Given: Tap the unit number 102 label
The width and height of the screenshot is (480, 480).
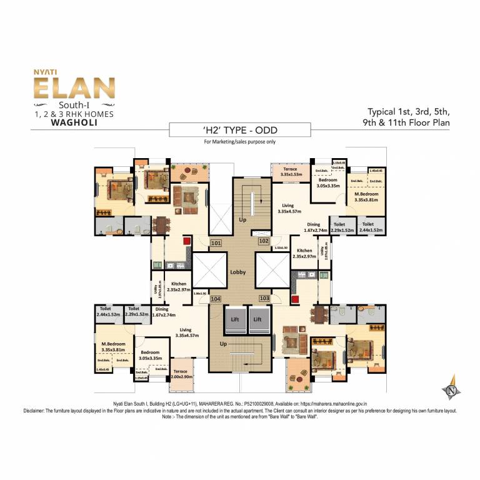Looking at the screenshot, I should coord(263,241).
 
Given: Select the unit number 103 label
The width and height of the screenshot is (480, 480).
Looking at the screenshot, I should coord(264,299).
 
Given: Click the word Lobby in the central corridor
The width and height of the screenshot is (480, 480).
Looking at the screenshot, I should coord(237,272).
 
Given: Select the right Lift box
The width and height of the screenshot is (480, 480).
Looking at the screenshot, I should coord(256,318).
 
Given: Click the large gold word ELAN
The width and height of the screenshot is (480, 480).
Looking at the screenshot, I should coord(74,88).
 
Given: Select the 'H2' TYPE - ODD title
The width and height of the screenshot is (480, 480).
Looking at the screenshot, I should coord(240,130).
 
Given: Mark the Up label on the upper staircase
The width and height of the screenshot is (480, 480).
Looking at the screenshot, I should coord(242,221).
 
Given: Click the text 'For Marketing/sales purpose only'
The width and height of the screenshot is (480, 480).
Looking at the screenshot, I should coord(240,142).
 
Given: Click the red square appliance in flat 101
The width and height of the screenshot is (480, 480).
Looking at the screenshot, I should coord(185,240).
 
